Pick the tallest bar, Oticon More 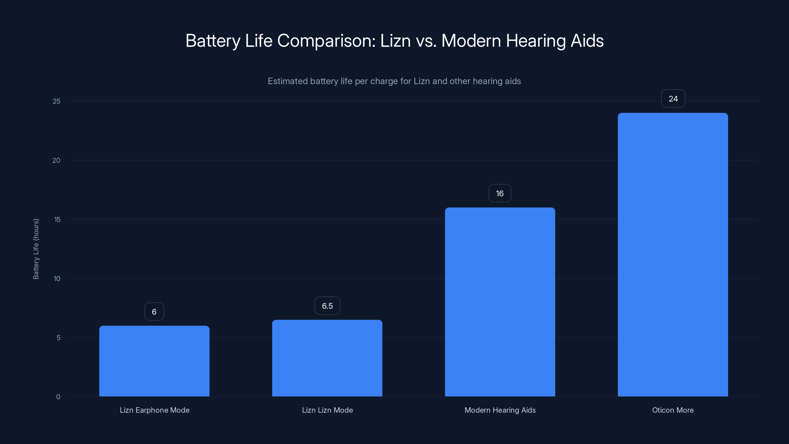(673, 254)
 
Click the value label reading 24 (673, 99)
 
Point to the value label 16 (500, 193)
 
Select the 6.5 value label (327, 306)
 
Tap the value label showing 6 (154, 312)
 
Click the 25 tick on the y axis (57, 101)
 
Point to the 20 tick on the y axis (56, 160)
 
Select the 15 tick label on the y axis (57, 219)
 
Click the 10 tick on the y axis (57, 278)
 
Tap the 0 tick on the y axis (58, 397)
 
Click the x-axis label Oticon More (673, 410)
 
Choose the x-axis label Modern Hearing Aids (500, 410)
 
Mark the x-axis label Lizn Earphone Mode (154, 410)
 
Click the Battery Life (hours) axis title (36, 249)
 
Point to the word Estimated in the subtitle (287, 81)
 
